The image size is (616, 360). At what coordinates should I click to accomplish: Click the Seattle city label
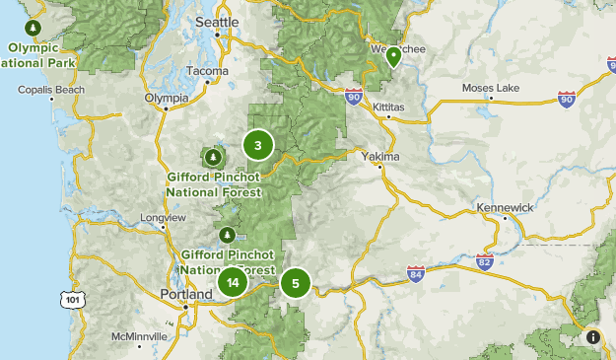click(218, 21)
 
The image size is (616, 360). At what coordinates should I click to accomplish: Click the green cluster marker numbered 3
click(257, 147)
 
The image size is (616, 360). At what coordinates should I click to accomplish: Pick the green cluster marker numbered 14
click(232, 282)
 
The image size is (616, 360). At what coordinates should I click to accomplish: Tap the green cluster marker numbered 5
click(295, 283)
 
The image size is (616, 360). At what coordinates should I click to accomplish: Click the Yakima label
click(380, 157)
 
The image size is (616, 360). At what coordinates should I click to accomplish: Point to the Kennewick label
click(504, 208)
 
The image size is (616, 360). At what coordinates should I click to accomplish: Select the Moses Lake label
click(491, 89)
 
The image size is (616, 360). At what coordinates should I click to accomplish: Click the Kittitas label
click(388, 106)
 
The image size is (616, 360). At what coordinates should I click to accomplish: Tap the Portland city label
click(186, 294)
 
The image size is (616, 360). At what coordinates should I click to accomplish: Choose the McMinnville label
click(139, 336)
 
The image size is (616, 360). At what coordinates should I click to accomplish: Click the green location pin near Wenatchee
click(393, 55)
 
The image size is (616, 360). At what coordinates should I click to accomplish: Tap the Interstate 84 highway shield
click(416, 273)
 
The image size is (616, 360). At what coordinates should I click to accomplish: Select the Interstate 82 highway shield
click(484, 261)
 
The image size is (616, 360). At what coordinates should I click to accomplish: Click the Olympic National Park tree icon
click(33, 27)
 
